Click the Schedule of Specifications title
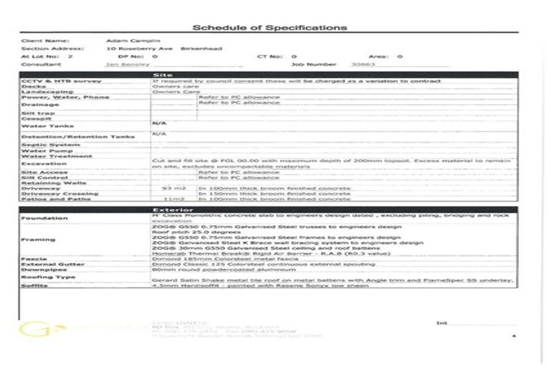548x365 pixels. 270,28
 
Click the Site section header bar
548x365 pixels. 269,74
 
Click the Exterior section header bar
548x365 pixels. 269,210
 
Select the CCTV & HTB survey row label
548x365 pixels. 51,81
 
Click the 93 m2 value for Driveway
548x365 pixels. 173,188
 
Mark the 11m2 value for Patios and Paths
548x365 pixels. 174,199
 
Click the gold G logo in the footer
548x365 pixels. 34,330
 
